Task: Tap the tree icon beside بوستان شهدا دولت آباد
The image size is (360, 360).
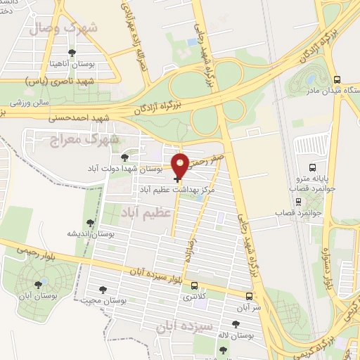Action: point(124,157)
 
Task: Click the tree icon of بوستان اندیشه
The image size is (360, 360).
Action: point(92,220)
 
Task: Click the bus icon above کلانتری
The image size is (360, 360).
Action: point(194,285)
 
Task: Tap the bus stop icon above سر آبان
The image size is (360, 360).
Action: point(249,296)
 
